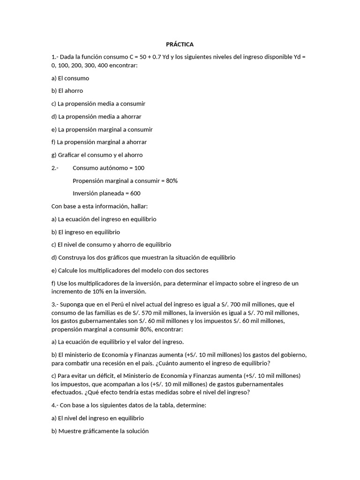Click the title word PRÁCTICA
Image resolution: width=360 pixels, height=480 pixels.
click(180, 44)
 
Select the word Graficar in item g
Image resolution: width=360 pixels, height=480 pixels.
click(70, 155)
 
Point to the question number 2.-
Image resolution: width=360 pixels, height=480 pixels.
click(55, 167)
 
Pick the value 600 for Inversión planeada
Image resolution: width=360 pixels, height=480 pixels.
click(135, 193)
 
